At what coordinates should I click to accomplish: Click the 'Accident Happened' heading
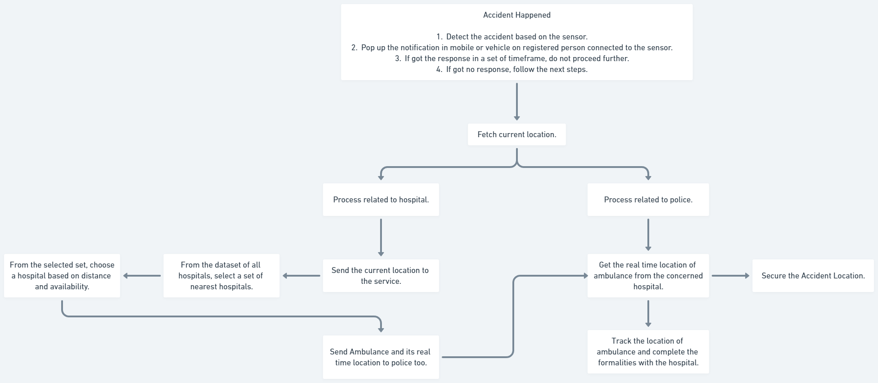point(516,15)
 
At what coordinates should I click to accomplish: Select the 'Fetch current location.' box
point(516,134)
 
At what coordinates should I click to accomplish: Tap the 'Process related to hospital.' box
point(381,200)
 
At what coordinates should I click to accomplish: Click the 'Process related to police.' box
point(648,200)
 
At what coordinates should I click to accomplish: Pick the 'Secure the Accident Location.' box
point(813,276)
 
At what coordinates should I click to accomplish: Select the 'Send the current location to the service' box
point(381,276)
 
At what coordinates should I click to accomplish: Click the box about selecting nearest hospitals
point(221,276)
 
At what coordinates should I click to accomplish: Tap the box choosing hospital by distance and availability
point(62,276)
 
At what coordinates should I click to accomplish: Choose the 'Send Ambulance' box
point(381,357)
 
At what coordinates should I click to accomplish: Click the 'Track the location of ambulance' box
point(648,352)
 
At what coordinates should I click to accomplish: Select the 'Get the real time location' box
point(648,276)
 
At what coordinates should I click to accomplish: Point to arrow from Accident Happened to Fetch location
point(516,101)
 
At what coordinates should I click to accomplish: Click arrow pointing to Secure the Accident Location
point(730,276)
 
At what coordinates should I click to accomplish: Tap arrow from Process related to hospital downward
point(381,237)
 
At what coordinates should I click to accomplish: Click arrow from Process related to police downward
point(648,235)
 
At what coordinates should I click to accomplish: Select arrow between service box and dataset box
point(301,276)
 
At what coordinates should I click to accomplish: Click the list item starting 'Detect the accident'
point(516,37)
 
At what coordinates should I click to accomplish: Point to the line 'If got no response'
point(516,69)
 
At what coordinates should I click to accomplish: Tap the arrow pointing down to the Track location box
point(648,313)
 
